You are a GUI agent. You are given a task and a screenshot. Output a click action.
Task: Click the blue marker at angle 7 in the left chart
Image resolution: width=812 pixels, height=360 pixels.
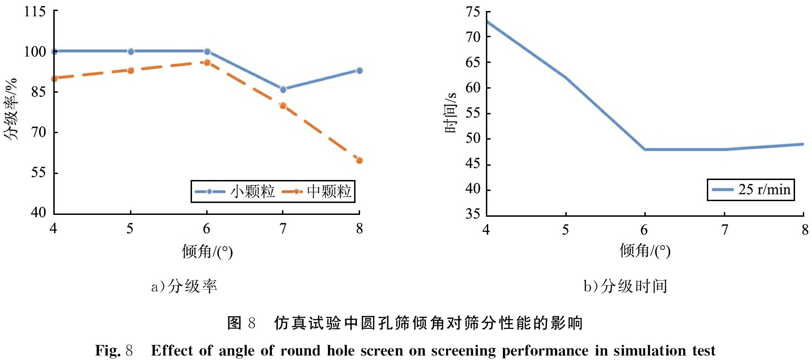pyautogui.click(x=283, y=89)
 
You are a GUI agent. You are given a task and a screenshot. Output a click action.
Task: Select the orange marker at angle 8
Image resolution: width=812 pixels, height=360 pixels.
pyautogui.click(x=359, y=160)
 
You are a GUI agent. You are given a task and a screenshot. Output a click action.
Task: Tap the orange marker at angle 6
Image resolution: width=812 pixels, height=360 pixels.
pyautogui.click(x=207, y=62)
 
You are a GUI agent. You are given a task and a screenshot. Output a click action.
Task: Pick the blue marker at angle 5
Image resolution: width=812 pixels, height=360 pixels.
pyautogui.click(x=131, y=51)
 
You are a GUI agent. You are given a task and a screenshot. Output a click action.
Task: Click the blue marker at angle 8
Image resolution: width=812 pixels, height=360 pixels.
pyautogui.click(x=359, y=70)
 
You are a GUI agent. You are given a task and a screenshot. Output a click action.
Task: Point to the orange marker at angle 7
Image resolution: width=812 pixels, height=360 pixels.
pyautogui.click(x=283, y=106)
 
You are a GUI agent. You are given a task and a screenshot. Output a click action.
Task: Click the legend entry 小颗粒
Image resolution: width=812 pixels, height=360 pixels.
pyautogui.click(x=235, y=191)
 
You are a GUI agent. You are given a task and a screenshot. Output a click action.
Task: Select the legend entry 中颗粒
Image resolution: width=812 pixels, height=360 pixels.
pyautogui.click(x=316, y=191)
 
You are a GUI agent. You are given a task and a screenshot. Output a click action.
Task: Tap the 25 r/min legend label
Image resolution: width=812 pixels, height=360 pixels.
pyautogui.click(x=764, y=189)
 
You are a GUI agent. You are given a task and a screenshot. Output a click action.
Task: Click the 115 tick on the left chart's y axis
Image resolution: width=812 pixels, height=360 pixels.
pyautogui.click(x=35, y=11)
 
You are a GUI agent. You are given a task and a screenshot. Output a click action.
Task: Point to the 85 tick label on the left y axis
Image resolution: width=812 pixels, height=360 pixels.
pyautogui.click(x=39, y=92)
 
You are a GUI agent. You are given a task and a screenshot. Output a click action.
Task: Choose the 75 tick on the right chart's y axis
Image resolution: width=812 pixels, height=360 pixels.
pyautogui.click(x=473, y=11)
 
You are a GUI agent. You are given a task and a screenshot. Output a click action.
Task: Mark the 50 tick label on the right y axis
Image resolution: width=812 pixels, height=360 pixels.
pyautogui.click(x=473, y=138)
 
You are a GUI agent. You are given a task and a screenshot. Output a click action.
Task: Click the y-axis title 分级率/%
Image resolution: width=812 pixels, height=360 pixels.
pyautogui.click(x=11, y=109)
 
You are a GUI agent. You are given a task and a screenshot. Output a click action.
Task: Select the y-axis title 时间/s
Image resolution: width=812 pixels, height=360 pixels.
pyautogui.click(x=451, y=112)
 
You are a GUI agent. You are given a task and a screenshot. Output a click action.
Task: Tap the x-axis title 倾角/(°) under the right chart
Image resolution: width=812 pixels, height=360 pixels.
pyautogui.click(x=645, y=251)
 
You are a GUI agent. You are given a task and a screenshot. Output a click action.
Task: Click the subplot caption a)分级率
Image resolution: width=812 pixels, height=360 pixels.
pyautogui.click(x=184, y=286)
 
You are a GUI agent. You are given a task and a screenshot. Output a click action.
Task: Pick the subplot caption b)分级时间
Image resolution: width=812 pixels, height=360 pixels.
pyautogui.click(x=626, y=286)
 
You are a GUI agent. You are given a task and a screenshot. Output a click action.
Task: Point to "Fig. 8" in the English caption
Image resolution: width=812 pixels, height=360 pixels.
pyautogui.click(x=114, y=350)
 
